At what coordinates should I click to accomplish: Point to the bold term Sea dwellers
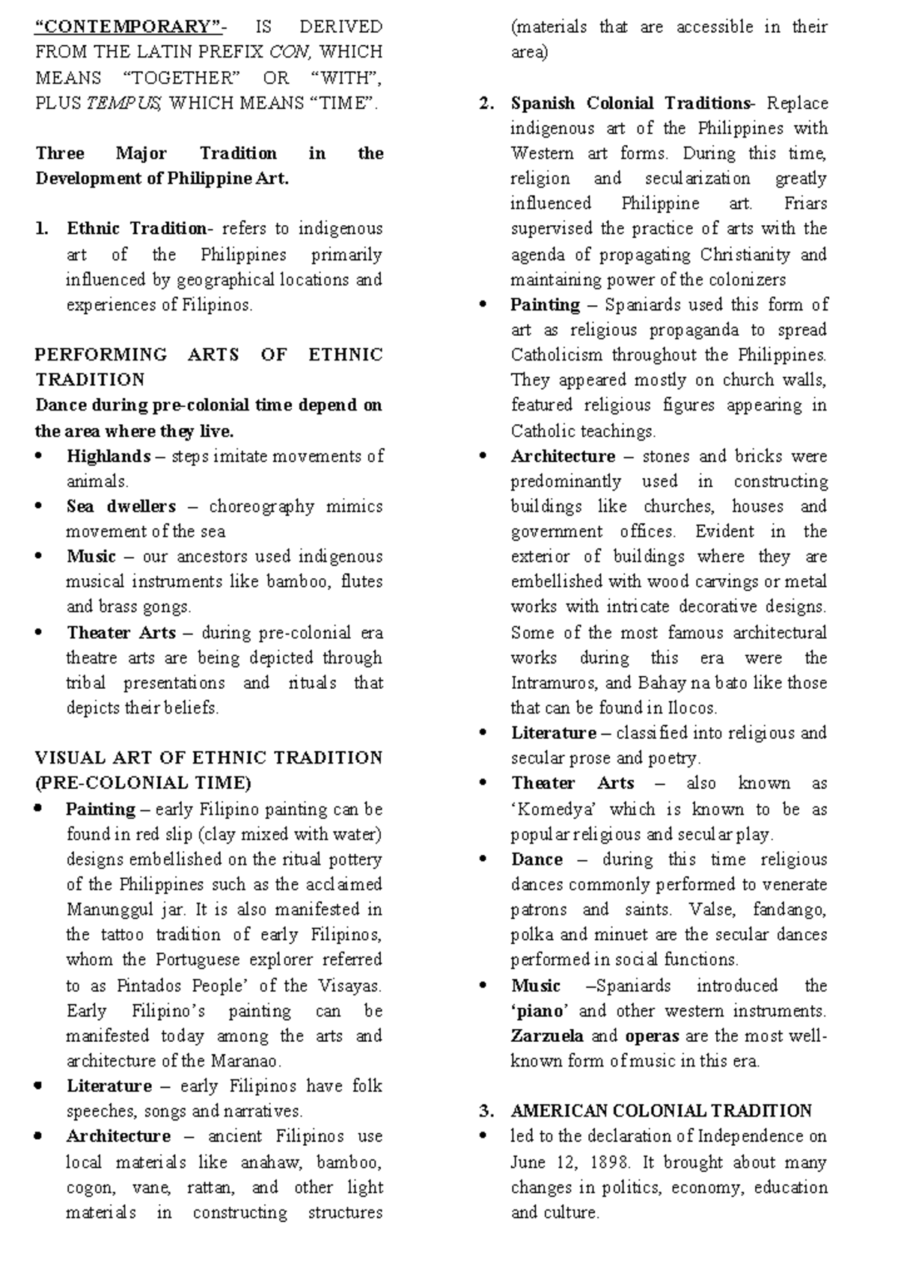120,506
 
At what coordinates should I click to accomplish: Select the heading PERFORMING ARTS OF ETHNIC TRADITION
209,366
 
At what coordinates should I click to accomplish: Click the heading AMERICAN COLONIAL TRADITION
661,1111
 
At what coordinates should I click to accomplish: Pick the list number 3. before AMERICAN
486,1111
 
